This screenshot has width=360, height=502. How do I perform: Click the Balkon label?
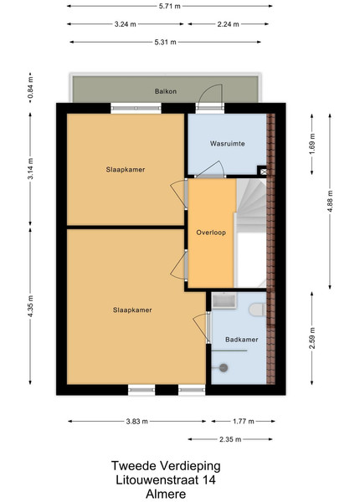coord(166,91)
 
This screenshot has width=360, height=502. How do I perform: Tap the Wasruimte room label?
coord(228,143)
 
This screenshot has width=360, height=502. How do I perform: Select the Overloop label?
coord(211,233)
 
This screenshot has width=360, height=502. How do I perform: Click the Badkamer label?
coord(241,340)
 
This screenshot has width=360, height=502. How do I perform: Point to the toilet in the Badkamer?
coord(257,310)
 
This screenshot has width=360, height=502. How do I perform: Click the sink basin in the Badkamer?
coord(224,301)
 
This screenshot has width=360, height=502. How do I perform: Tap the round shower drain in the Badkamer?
coord(224,368)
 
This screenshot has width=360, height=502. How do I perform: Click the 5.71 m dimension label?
coord(170,6)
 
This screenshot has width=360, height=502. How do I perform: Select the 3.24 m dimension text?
coord(126,24)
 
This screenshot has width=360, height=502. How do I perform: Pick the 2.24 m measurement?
coord(228,24)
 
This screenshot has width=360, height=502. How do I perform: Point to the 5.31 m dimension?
coord(165,42)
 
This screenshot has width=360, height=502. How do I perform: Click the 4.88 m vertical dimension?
coord(330,202)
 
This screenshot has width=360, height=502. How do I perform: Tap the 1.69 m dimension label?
coord(312,144)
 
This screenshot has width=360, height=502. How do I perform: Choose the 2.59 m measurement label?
coord(312,338)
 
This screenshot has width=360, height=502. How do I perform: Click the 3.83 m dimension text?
coord(137,422)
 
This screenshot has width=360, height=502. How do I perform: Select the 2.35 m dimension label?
coord(230,439)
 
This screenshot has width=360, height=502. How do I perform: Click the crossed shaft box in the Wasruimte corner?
coord(263,172)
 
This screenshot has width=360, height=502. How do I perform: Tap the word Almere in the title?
coord(166,494)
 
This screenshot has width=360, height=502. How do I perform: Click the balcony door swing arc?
coord(207,89)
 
